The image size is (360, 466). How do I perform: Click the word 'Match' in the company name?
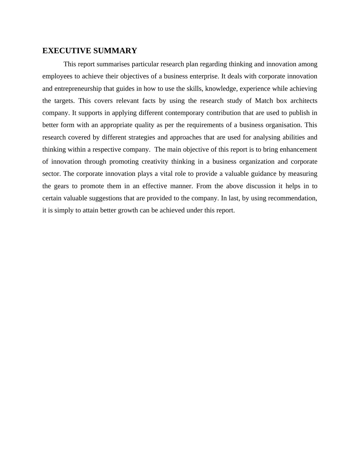coord(264,101)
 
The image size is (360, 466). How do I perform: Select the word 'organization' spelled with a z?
coord(257,162)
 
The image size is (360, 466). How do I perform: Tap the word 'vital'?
coord(166,174)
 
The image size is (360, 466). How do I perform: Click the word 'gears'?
coord(61,186)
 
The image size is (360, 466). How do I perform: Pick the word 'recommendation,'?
coord(293,198)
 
